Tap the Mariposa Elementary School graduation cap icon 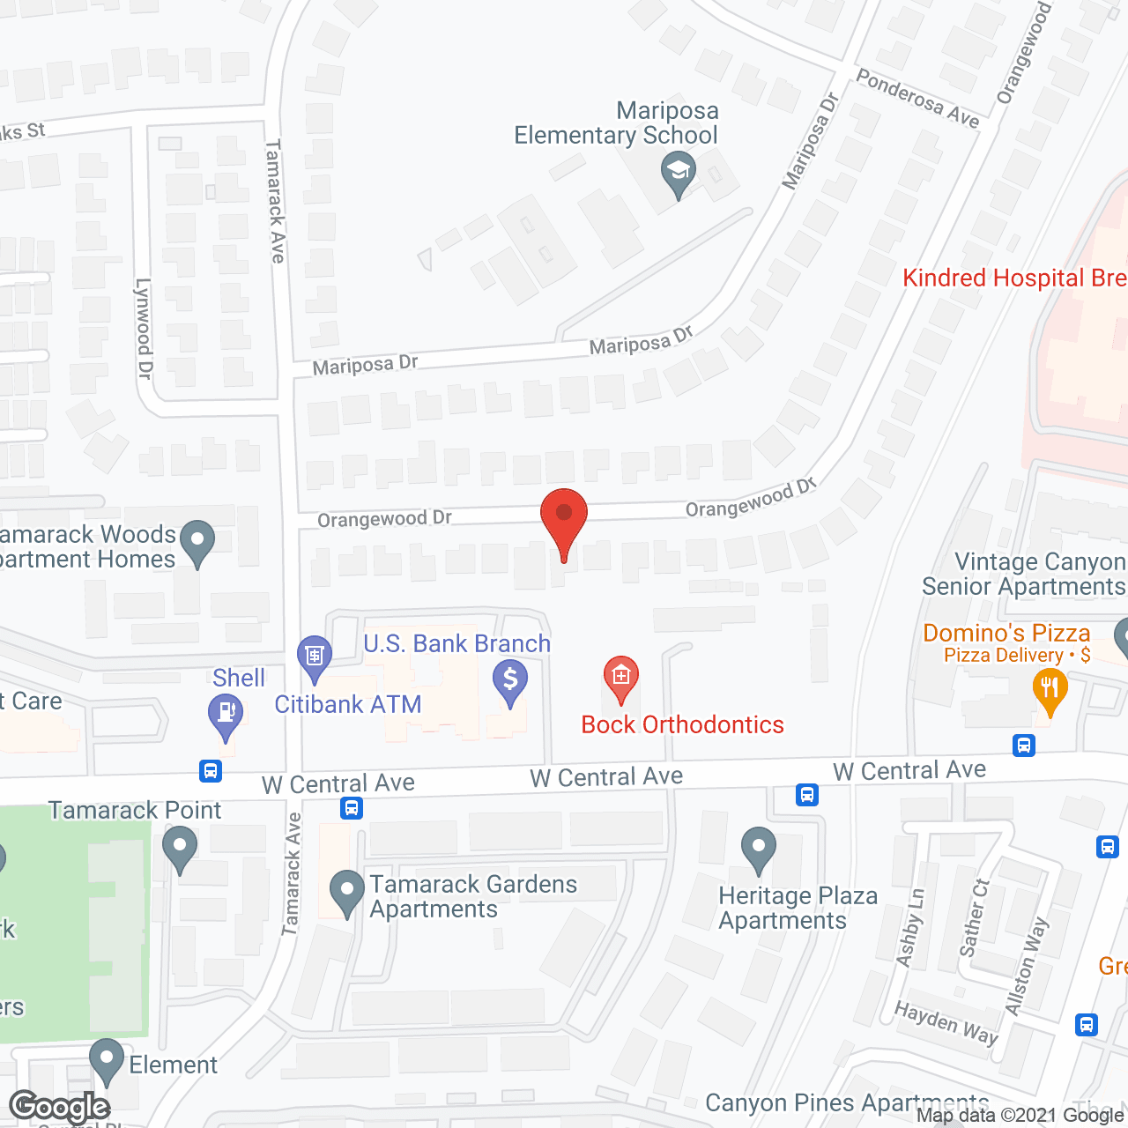678,173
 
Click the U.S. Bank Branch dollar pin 510,682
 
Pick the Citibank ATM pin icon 315,657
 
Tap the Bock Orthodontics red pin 621,679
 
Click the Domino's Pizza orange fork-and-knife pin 1050,689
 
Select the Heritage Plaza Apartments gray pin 759,848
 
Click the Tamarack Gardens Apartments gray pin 347,891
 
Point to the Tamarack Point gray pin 180,848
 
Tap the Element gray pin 107,1060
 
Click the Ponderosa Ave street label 917,99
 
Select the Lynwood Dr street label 144,329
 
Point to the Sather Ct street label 974,917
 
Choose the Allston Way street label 1027,966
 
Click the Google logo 60,1107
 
